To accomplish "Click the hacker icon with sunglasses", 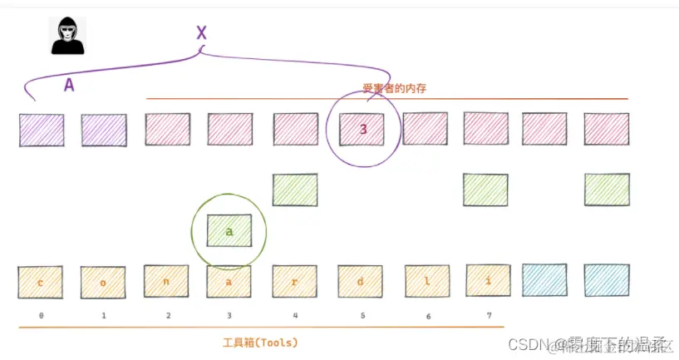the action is coord(68,37).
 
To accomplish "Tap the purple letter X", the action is coord(201,33).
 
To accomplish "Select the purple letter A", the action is coord(69,84).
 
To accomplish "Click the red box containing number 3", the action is coord(362,129).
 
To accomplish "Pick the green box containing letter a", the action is coord(229,231).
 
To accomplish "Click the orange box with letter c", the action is coord(40,283).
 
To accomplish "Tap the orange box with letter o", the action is coord(103,283).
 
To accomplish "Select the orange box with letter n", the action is coord(166,281).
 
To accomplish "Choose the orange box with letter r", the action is coord(295,281).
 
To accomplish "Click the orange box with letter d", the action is coord(360,281).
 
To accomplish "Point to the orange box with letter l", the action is coord(427,281).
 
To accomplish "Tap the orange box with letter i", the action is coord(488,280).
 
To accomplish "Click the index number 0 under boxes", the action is coord(40,316).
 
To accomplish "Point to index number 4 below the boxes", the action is coord(295,316).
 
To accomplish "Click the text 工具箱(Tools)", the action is coord(260,342).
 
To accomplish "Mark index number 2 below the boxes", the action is coord(168,316).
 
